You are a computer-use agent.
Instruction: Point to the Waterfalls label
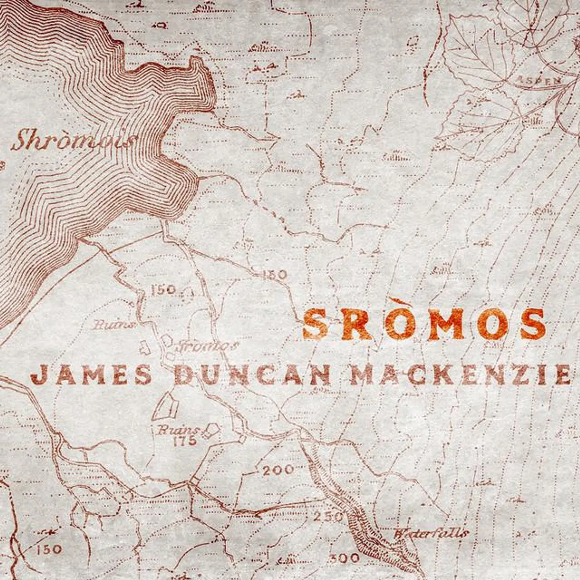click(431, 533)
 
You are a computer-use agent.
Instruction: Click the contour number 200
click(278, 470)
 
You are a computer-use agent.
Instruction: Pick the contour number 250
click(328, 517)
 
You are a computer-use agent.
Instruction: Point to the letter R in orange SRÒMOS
click(356, 324)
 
